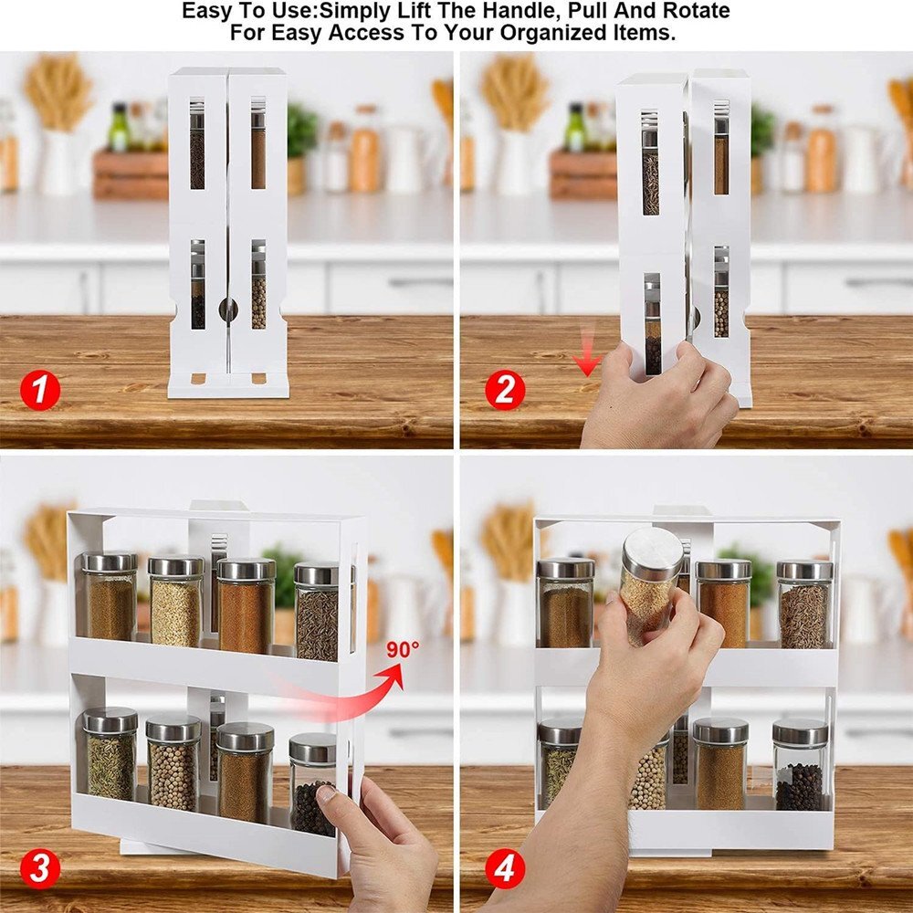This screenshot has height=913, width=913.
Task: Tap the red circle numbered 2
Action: [x=504, y=392]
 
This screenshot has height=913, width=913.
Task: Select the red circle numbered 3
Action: [x=39, y=867]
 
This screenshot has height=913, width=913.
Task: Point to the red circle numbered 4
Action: [x=504, y=867]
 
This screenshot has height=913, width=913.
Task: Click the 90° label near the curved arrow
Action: [x=402, y=650]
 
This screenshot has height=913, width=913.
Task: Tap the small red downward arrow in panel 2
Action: [x=587, y=363]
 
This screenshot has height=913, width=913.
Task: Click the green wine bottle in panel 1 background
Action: [x=119, y=128]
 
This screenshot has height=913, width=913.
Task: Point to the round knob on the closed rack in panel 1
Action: [x=227, y=310]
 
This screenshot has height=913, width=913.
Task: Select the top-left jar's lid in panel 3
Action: [x=110, y=562]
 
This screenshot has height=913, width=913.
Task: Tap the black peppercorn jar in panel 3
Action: [x=312, y=785]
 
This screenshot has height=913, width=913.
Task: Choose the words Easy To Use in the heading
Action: [x=241, y=12]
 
